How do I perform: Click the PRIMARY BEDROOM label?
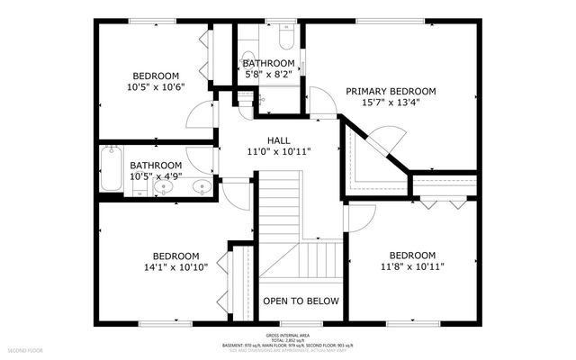(x=391, y=91)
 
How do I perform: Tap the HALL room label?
(x=278, y=140)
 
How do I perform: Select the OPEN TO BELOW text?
(x=301, y=301)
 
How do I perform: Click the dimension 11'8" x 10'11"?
(x=413, y=266)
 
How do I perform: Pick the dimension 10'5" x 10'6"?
(x=156, y=88)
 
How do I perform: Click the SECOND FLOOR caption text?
(x=26, y=347)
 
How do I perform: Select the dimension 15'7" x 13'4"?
(x=391, y=103)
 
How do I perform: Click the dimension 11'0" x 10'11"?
(x=278, y=152)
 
